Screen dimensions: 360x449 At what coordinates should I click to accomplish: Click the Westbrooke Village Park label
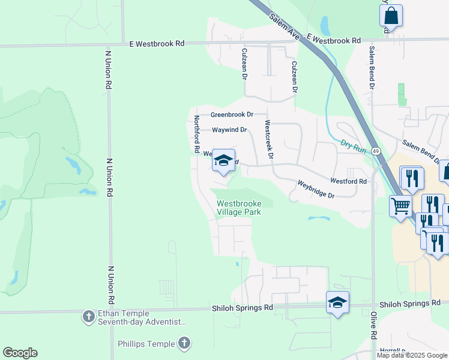(239, 208)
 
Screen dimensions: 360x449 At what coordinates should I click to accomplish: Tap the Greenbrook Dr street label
(232, 114)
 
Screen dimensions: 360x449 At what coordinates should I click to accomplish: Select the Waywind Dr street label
(229, 130)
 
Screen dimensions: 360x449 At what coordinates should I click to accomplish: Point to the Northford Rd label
(196, 133)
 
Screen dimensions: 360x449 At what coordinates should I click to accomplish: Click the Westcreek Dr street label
(270, 139)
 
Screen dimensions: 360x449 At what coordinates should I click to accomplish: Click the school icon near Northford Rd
(223, 160)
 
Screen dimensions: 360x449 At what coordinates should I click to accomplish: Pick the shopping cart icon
(400, 206)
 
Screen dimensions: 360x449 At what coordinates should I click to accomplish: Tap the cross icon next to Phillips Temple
(185, 344)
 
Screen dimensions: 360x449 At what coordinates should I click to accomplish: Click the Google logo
(20, 353)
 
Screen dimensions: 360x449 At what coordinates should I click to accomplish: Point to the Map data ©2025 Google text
(412, 355)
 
